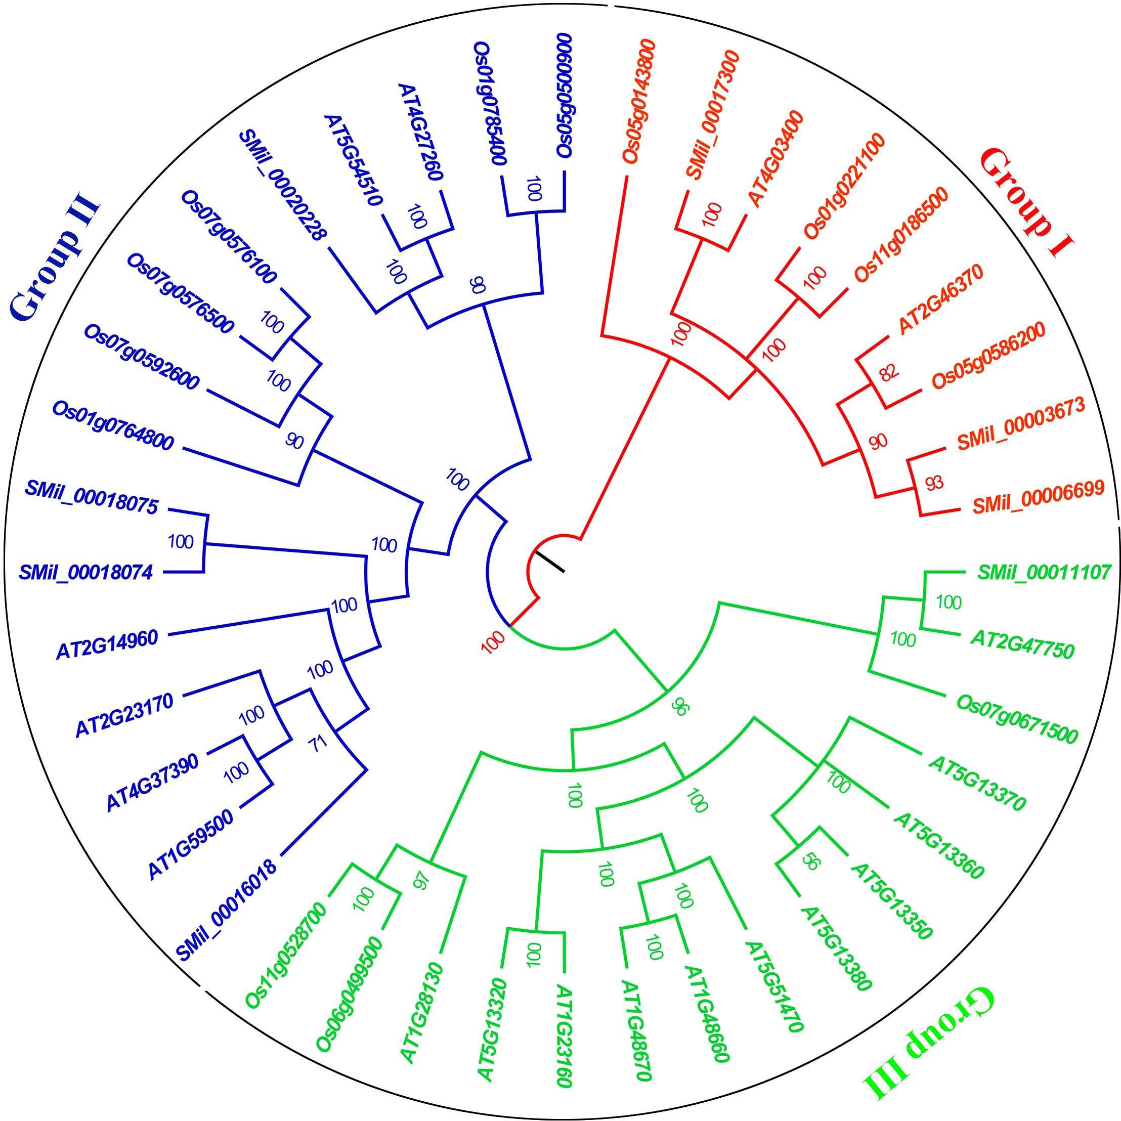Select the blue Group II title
55,258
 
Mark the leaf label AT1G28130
422,1013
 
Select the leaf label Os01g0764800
113,425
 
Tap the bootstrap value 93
934,482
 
